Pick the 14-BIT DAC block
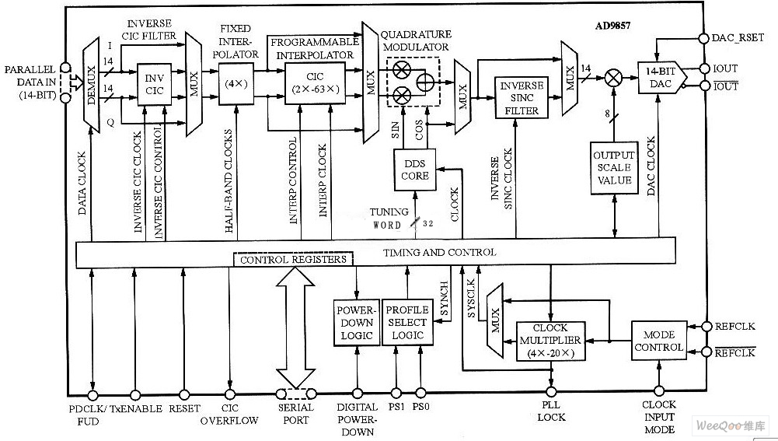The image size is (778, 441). click(659, 78)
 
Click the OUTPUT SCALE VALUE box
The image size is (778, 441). click(614, 167)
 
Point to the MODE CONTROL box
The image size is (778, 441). click(658, 341)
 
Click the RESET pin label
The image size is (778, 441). click(183, 408)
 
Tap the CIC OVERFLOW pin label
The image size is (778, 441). click(231, 414)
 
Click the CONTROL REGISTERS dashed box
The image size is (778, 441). click(293, 259)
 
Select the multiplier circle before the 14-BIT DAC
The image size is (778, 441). click(614, 78)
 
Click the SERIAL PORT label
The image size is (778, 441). click(295, 414)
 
